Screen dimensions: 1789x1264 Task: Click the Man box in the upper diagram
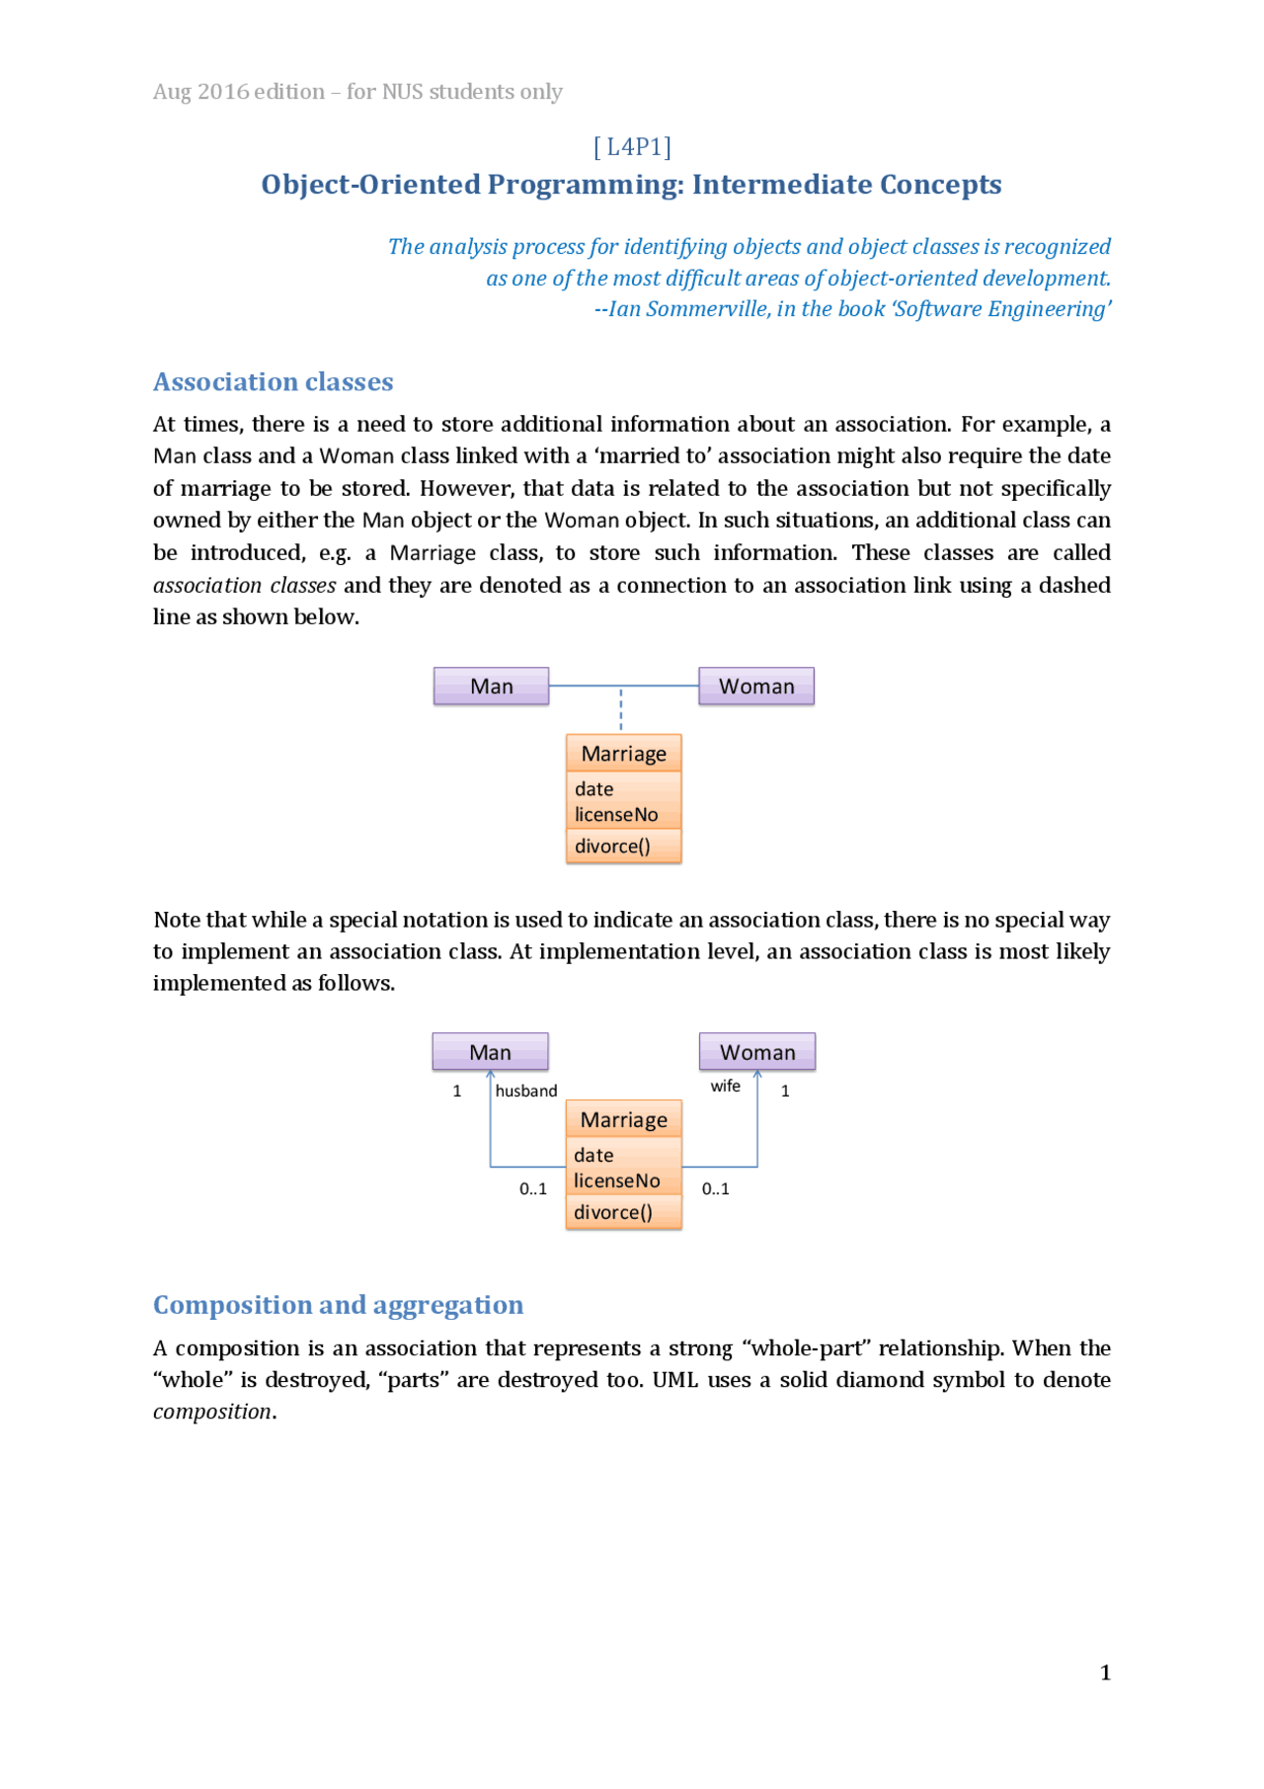[x=491, y=686]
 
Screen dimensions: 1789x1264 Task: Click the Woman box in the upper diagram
[x=756, y=686]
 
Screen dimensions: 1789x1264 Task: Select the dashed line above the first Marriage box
[x=621, y=710]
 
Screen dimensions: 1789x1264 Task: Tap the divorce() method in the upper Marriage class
[x=613, y=847]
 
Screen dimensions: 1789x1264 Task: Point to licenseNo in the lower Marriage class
[x=617, y=1180]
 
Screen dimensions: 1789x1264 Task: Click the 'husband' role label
[x=526, y=1091]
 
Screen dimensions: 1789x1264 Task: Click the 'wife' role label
[x=726, y=1086]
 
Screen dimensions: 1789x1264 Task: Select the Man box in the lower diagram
[x=490, y=1052]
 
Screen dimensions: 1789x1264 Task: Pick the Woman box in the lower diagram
[x=757, y=1052]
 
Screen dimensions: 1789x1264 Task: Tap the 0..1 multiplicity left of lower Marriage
[x=533, y=1189]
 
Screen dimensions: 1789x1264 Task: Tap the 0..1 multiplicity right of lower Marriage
[x=716, y=1189]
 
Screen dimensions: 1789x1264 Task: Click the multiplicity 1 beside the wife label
[x=785, y=1092]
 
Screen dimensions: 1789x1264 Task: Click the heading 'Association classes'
[x=274, y=382]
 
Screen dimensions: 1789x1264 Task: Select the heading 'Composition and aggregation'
[x=338, y=1305]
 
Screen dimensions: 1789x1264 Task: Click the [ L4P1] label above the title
[x=632, y=147]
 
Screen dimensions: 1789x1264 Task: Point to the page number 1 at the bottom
[x=1105, y=1672]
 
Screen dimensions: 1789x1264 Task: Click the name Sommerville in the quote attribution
[x=707, y=309]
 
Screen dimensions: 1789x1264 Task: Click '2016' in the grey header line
[x=223, y=92]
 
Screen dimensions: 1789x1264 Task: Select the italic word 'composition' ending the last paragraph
[x=212, y=1412]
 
